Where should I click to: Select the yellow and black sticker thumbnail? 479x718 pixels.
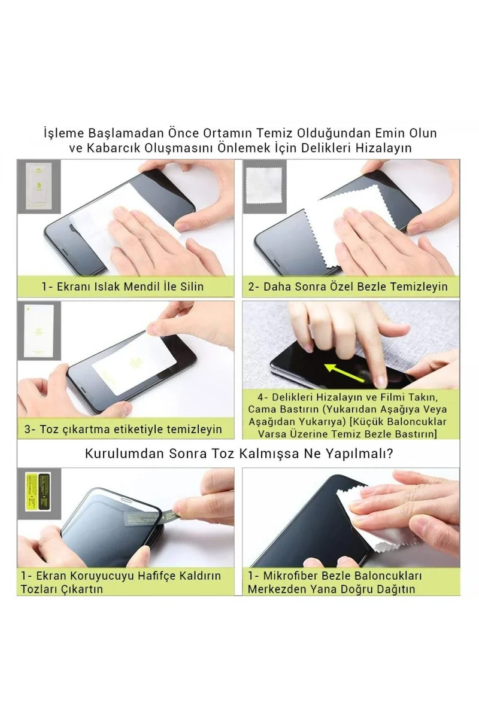pos(37,492)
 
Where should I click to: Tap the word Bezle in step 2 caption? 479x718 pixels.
pos(371,287)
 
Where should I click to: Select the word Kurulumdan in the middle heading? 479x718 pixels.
pos(122,454)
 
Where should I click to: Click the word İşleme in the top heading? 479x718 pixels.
pos(62,132)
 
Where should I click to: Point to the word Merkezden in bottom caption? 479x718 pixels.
pos(275,589)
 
